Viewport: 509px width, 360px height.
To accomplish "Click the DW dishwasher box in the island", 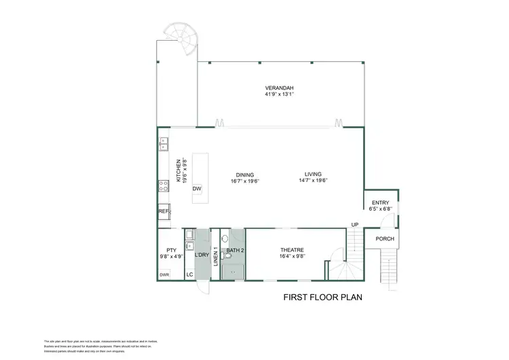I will point(197,188).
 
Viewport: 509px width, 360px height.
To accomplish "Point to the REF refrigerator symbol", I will point(163,212).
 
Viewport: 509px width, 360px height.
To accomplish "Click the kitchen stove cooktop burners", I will point(163,184).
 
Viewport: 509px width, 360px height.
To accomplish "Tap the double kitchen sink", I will point(163,143).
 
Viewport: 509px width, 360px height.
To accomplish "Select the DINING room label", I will point(245,174).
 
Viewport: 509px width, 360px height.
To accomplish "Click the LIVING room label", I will point(313,174).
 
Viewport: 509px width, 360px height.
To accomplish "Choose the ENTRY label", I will point(380,202).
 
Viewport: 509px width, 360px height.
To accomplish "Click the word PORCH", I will point(385,238).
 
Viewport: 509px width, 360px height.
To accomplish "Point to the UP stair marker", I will point(354,225).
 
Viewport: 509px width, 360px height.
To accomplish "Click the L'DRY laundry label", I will point(202,255).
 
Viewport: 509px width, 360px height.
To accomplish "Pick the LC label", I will point(190,274).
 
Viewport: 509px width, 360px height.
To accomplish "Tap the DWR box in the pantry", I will point(164,274).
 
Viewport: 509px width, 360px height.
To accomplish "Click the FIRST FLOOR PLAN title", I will point(322,298).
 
